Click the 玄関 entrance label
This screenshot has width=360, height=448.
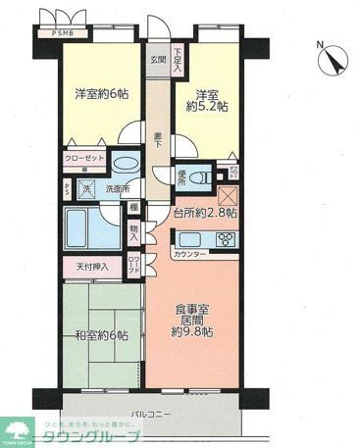pyautogui.click(x=157, y=59)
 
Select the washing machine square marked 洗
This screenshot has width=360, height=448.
pyautogui.click(x=85, y=188)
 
